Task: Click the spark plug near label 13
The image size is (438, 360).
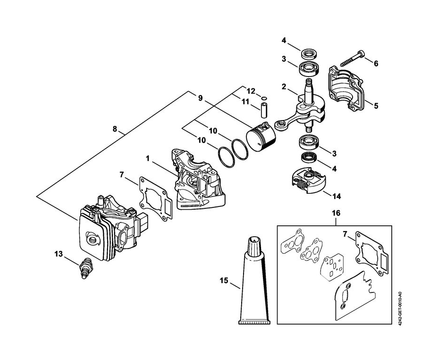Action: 86,267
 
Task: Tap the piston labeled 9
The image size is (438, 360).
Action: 261,138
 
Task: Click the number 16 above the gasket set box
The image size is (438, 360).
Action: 336,213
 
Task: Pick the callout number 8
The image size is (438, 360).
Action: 115,129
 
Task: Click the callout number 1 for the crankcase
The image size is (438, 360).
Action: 147,158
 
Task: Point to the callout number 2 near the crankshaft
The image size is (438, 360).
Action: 284,86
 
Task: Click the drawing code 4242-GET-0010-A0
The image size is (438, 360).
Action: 400,309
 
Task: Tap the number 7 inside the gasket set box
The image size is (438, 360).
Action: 345,234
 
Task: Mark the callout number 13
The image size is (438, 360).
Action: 59,254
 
